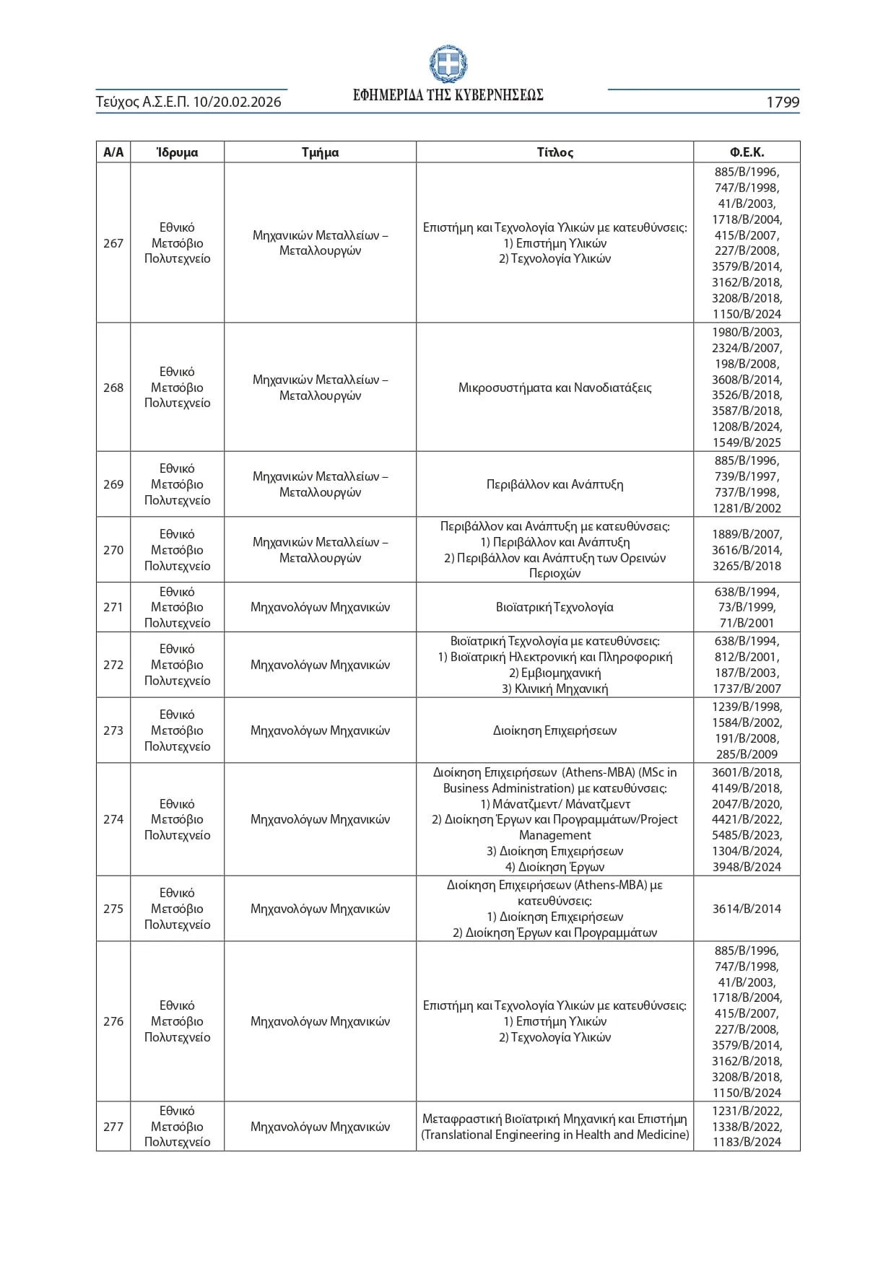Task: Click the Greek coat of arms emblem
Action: pyautogui.click(x=448, y=64)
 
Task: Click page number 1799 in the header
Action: pyautogui.click(x=782, y=102)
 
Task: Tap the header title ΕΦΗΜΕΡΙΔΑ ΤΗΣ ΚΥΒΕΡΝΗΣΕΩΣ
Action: pyautogui.click(x=448, y=95)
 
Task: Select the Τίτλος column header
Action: pyautogui.click(x=554, y=152)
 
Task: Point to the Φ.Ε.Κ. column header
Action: pyautogui.click(x=747, y=152)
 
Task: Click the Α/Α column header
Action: pyautogui.click(x=113, y=152)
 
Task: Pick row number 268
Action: pyautogui.click(x=113, y=388)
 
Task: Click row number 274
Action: pyautogui.click(x=113, y=819)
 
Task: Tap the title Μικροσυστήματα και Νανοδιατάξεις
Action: pyautogui.click(x=554, y=388)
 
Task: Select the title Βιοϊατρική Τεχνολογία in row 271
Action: pyautogui.click(x=554, y=607)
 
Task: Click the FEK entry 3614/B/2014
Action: pyautogui.click(x=747, y=909)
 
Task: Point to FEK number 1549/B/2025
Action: pyautogui.click(x=747, y=442)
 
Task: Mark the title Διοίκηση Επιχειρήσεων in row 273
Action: pyautogui.click(x=554, y=730)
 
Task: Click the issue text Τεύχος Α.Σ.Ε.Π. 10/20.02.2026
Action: pyautogui.click(x=188, y=102)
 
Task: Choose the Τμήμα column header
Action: pyautogui.click(x=320, y=152)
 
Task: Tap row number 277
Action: pyautogui.click(x=113, y=1127)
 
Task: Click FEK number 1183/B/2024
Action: pyautogui.click(x=747, y=1142)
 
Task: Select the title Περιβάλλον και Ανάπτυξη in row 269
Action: pyautogui.click(x=554, y=484)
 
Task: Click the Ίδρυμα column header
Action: pyautogui.click(x=177, y=152)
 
